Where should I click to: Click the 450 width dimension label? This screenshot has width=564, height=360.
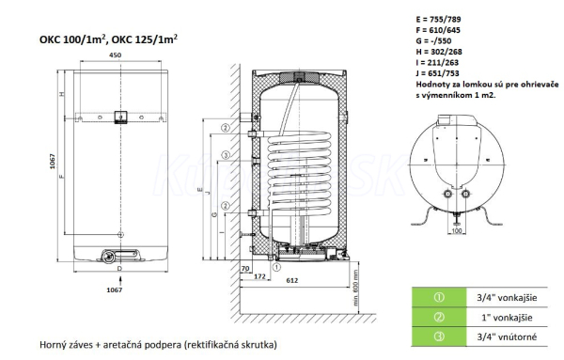click(115, 55)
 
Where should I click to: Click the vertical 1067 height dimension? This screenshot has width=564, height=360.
click(53, 161)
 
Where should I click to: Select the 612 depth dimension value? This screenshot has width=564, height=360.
click(292, 280)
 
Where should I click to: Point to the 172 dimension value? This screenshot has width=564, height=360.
click(259, 276)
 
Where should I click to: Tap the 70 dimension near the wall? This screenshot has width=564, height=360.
click(245, 268)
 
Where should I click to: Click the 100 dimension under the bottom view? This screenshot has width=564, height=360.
click(457, 230)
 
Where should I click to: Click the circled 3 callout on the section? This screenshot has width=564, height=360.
click(226, 155)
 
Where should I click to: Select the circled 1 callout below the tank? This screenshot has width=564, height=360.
click(276, 267)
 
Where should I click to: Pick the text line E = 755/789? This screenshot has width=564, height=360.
click(438, 20)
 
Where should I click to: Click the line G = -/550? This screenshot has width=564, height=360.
click(433, 41)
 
